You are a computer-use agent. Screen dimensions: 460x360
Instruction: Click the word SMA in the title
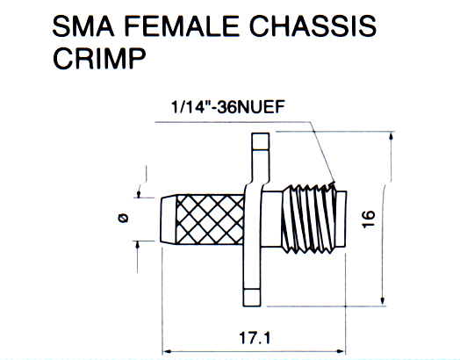[83, 26]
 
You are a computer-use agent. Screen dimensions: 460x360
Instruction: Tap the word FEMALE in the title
[182, 26]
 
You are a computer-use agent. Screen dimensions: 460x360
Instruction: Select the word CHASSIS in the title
[313, 26]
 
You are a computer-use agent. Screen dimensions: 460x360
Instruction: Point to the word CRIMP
[99, 58]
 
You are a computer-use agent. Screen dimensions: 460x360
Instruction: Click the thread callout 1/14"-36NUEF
[228, 107]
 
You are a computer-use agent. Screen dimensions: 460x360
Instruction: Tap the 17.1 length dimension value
[255, 338]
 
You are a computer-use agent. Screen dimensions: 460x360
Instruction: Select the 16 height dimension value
[369, 219]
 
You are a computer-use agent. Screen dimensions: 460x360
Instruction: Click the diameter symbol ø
[123, 218]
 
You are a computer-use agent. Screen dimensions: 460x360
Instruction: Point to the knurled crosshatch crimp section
[210, 220]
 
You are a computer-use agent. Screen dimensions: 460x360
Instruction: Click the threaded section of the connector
[308, 219]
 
